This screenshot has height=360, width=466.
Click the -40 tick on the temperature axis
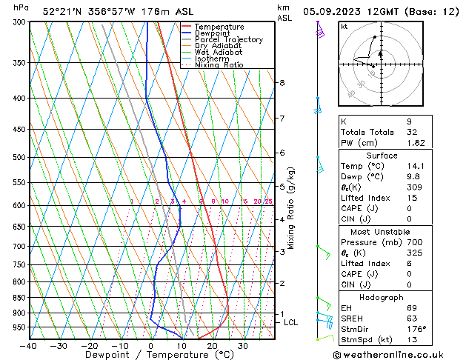click(x=30, y=346)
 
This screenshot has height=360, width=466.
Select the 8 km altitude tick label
click(x=282, y=83)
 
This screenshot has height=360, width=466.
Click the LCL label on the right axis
click(x=290, y=323)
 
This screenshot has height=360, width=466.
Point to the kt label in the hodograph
click(x=344, y=26)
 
